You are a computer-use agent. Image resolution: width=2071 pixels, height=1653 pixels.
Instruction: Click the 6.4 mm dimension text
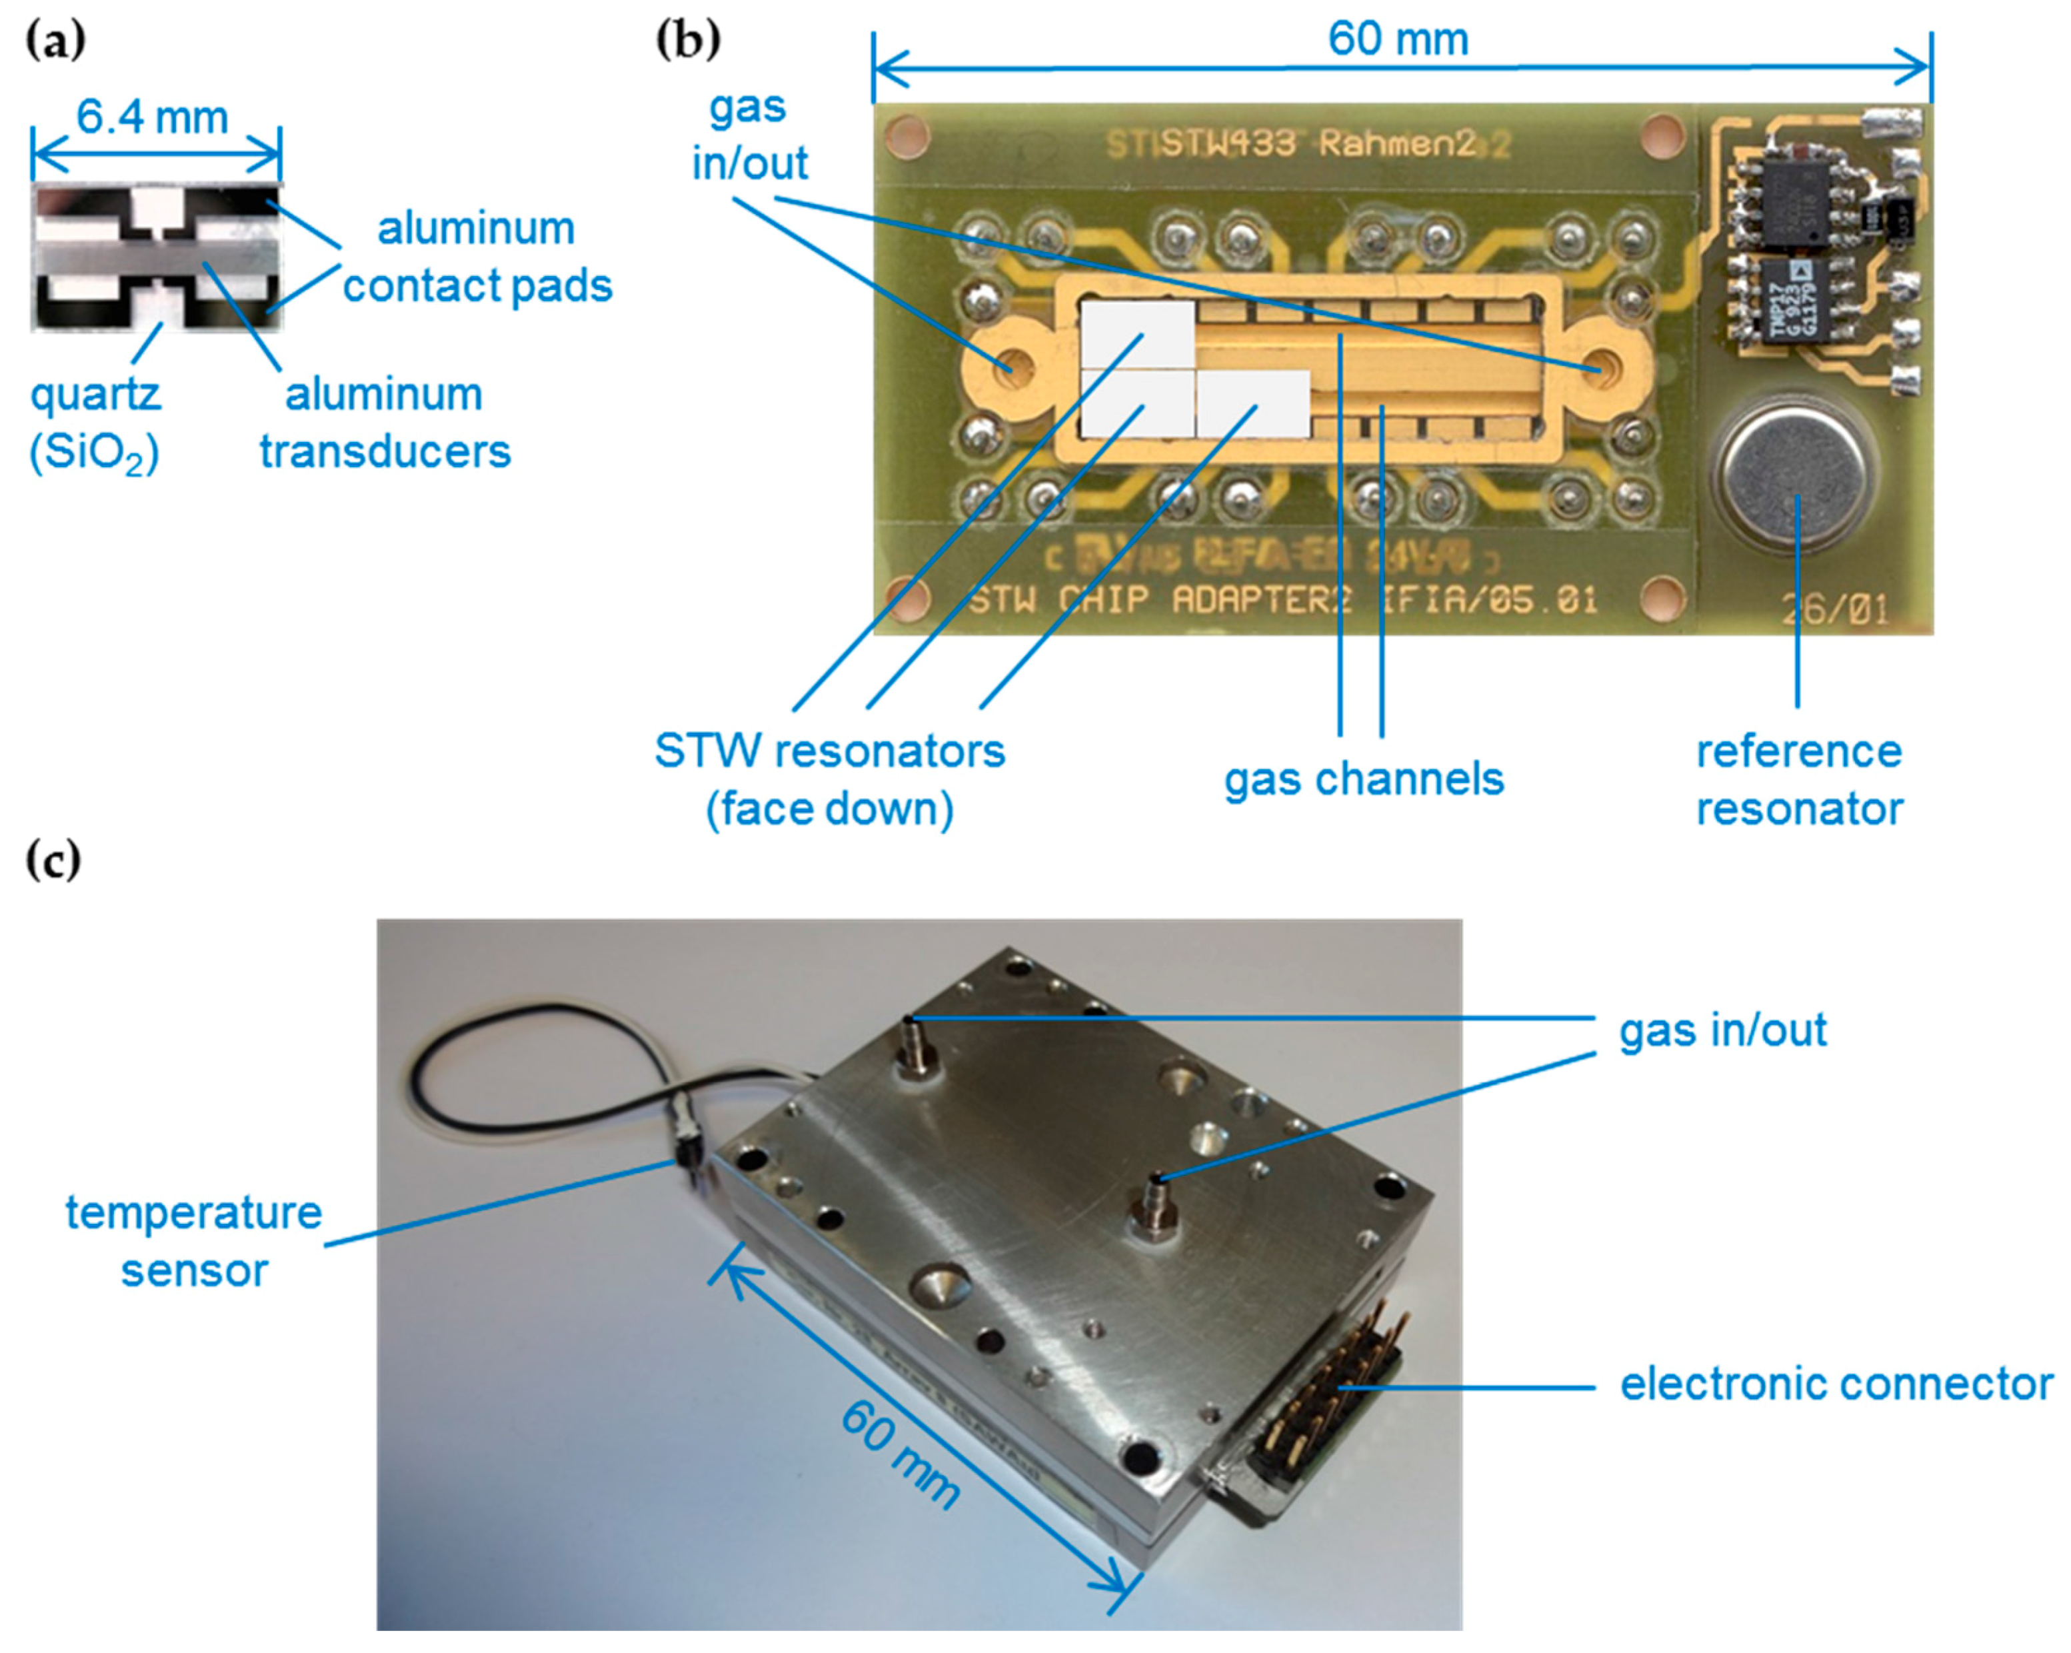coord(153,118)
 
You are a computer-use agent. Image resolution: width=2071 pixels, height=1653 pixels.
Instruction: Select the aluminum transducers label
coord(384,423)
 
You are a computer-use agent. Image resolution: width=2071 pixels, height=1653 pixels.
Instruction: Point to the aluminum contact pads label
coord(477,257)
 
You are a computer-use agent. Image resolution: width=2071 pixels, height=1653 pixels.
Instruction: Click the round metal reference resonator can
coord(1797,471)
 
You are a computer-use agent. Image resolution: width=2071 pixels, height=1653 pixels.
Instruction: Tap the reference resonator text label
coord(1798,780)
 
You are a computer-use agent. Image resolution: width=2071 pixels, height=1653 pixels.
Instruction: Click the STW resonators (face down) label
coord(829,780)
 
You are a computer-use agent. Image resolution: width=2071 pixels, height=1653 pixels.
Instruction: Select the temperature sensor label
coord(193,1242)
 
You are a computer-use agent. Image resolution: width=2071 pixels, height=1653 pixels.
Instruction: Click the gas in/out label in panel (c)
coord(1722,1030)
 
